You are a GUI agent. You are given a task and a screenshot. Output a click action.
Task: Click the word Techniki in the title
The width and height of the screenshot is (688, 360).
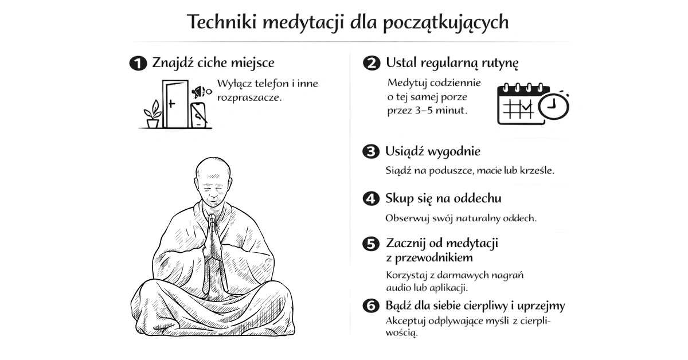(x=222, y=22)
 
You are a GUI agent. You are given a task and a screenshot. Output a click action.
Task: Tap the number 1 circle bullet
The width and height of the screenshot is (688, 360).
(x=138, y=63)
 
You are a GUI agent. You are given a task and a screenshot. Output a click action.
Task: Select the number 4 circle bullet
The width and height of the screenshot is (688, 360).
(x=371, y=199)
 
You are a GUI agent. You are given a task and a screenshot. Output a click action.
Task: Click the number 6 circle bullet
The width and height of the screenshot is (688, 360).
(x=371, y=306)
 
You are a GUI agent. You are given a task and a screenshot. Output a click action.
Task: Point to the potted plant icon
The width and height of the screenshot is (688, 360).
(x=153, y=114)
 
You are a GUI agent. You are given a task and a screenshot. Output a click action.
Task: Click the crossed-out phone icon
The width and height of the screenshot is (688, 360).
(x=199, y=115)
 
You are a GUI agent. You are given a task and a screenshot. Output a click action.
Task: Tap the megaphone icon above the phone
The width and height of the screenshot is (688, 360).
(x=201, y=92)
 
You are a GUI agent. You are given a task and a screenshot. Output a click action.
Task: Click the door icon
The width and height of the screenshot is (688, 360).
(x=175, y=104)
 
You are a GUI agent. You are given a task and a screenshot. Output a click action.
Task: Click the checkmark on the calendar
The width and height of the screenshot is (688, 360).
(x=527, y=107)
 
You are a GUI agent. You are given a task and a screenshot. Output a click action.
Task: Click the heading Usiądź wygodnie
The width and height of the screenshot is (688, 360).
(x=433, y=152)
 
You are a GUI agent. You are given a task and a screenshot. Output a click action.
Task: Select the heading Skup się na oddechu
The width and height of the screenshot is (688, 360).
(x=443, y=199)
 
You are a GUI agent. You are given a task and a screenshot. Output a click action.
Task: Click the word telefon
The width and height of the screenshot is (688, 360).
(x=272, y=84)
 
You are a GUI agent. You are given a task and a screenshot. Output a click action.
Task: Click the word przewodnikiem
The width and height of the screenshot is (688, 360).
(x=433, y=258)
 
